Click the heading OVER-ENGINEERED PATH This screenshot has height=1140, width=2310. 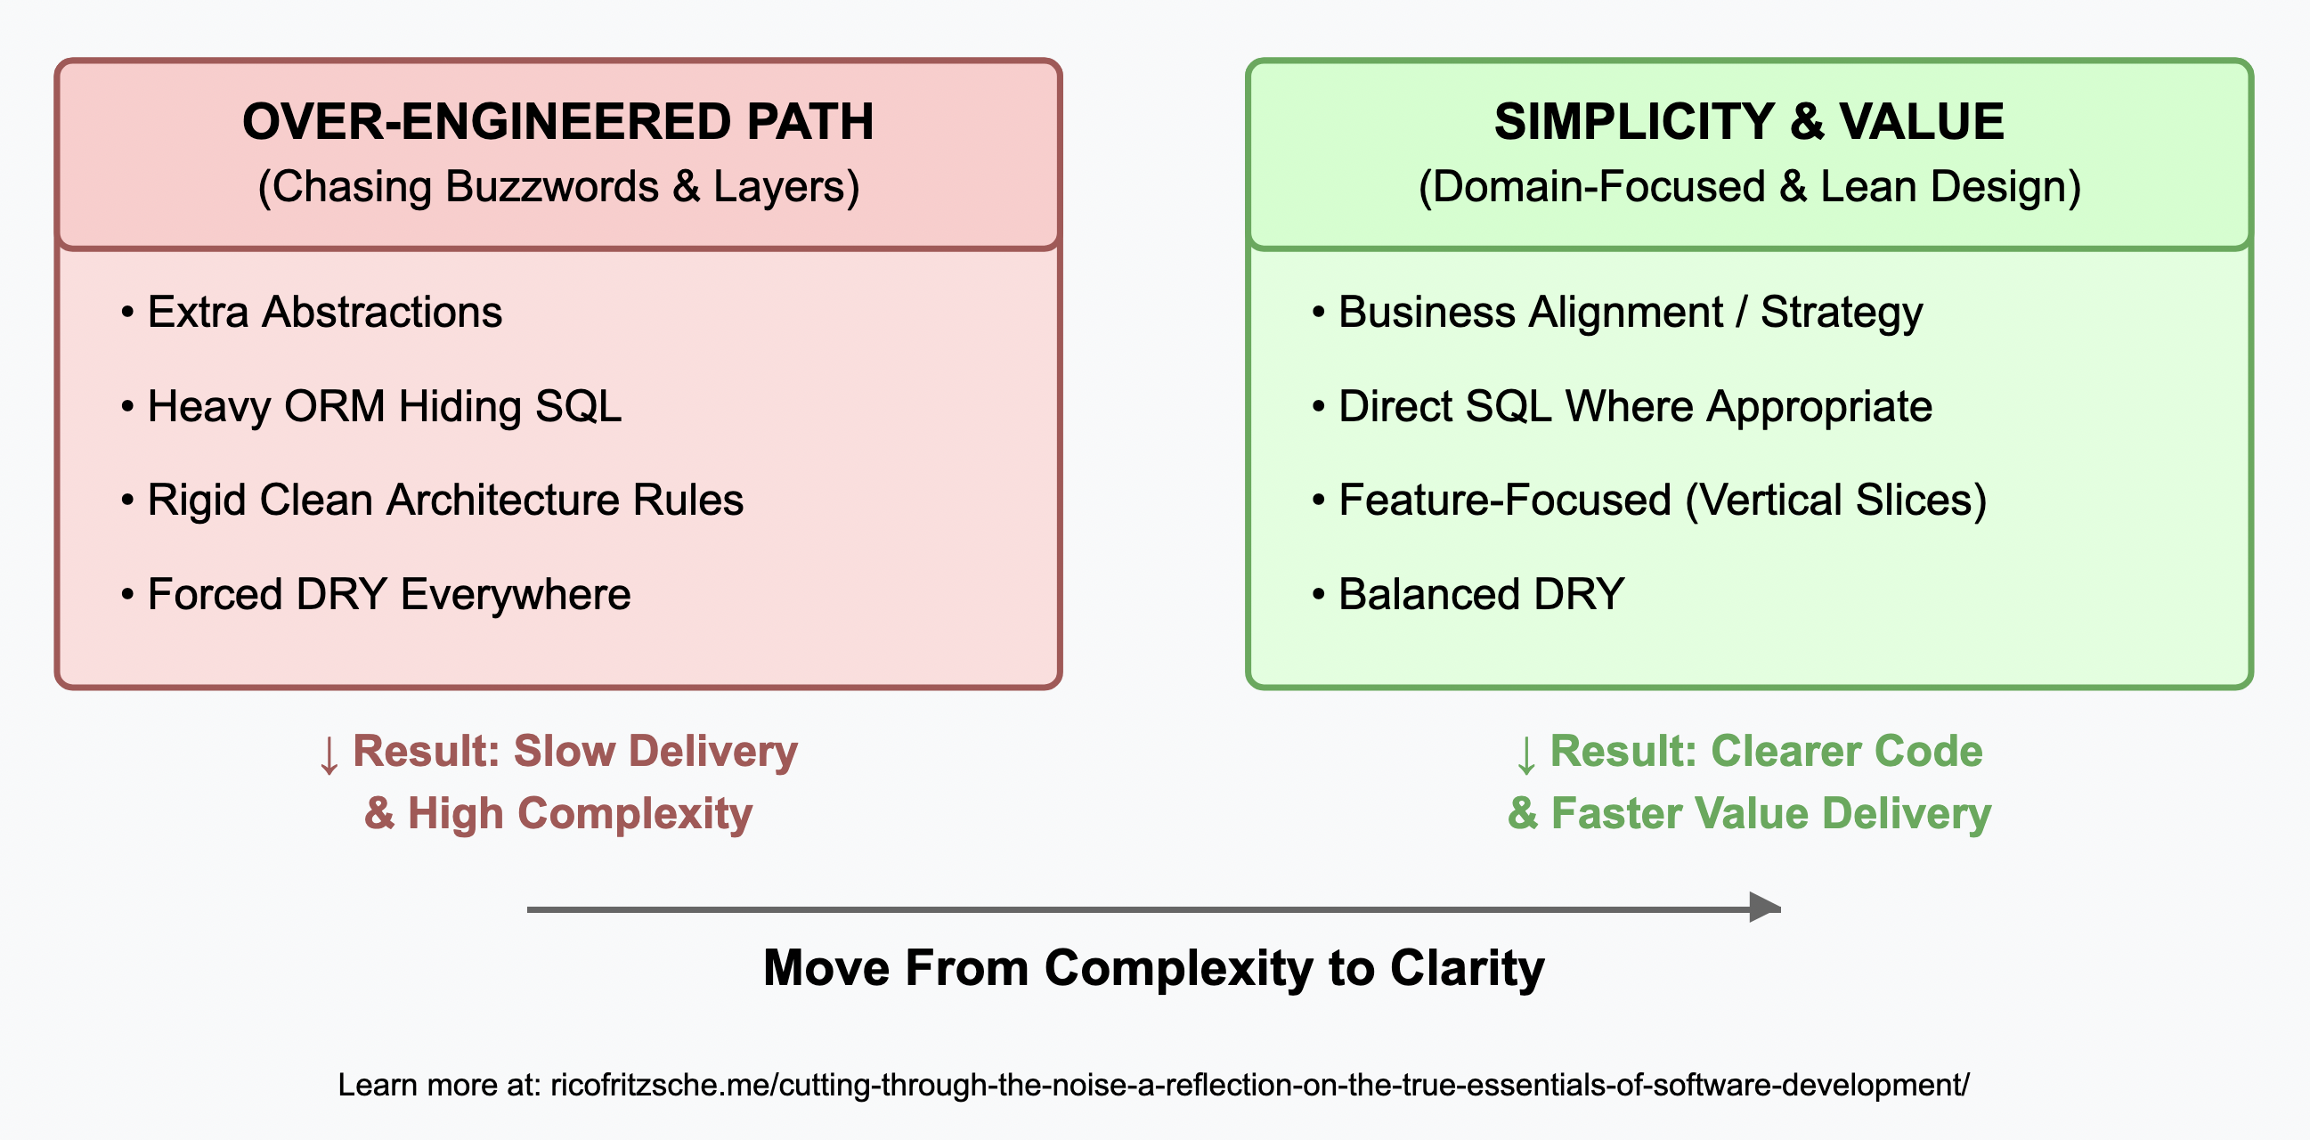tap(557, 121)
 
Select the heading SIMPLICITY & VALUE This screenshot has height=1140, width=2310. tap(1749, 121)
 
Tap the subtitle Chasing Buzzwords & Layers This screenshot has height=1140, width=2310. tap(558, 186)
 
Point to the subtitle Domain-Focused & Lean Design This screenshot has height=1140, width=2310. tap(1750, 186)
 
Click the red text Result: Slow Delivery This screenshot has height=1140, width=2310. tap(574, 752)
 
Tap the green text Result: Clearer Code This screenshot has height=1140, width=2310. tap(1767, 752)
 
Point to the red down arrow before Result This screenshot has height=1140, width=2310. tap(329, 754)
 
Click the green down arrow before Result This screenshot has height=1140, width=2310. tap(1526, 754)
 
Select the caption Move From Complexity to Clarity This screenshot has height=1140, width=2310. tap(1154, 969)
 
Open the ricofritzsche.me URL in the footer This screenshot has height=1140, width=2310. tap(1260, 1086)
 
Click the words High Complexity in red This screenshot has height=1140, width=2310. tap(581, 814)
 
